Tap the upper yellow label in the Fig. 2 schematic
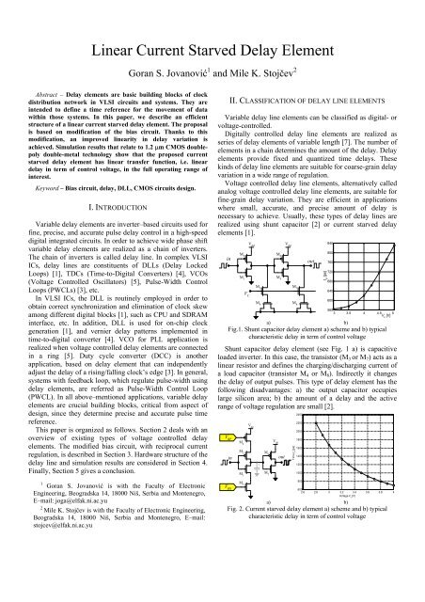click(x=227, y=438)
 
